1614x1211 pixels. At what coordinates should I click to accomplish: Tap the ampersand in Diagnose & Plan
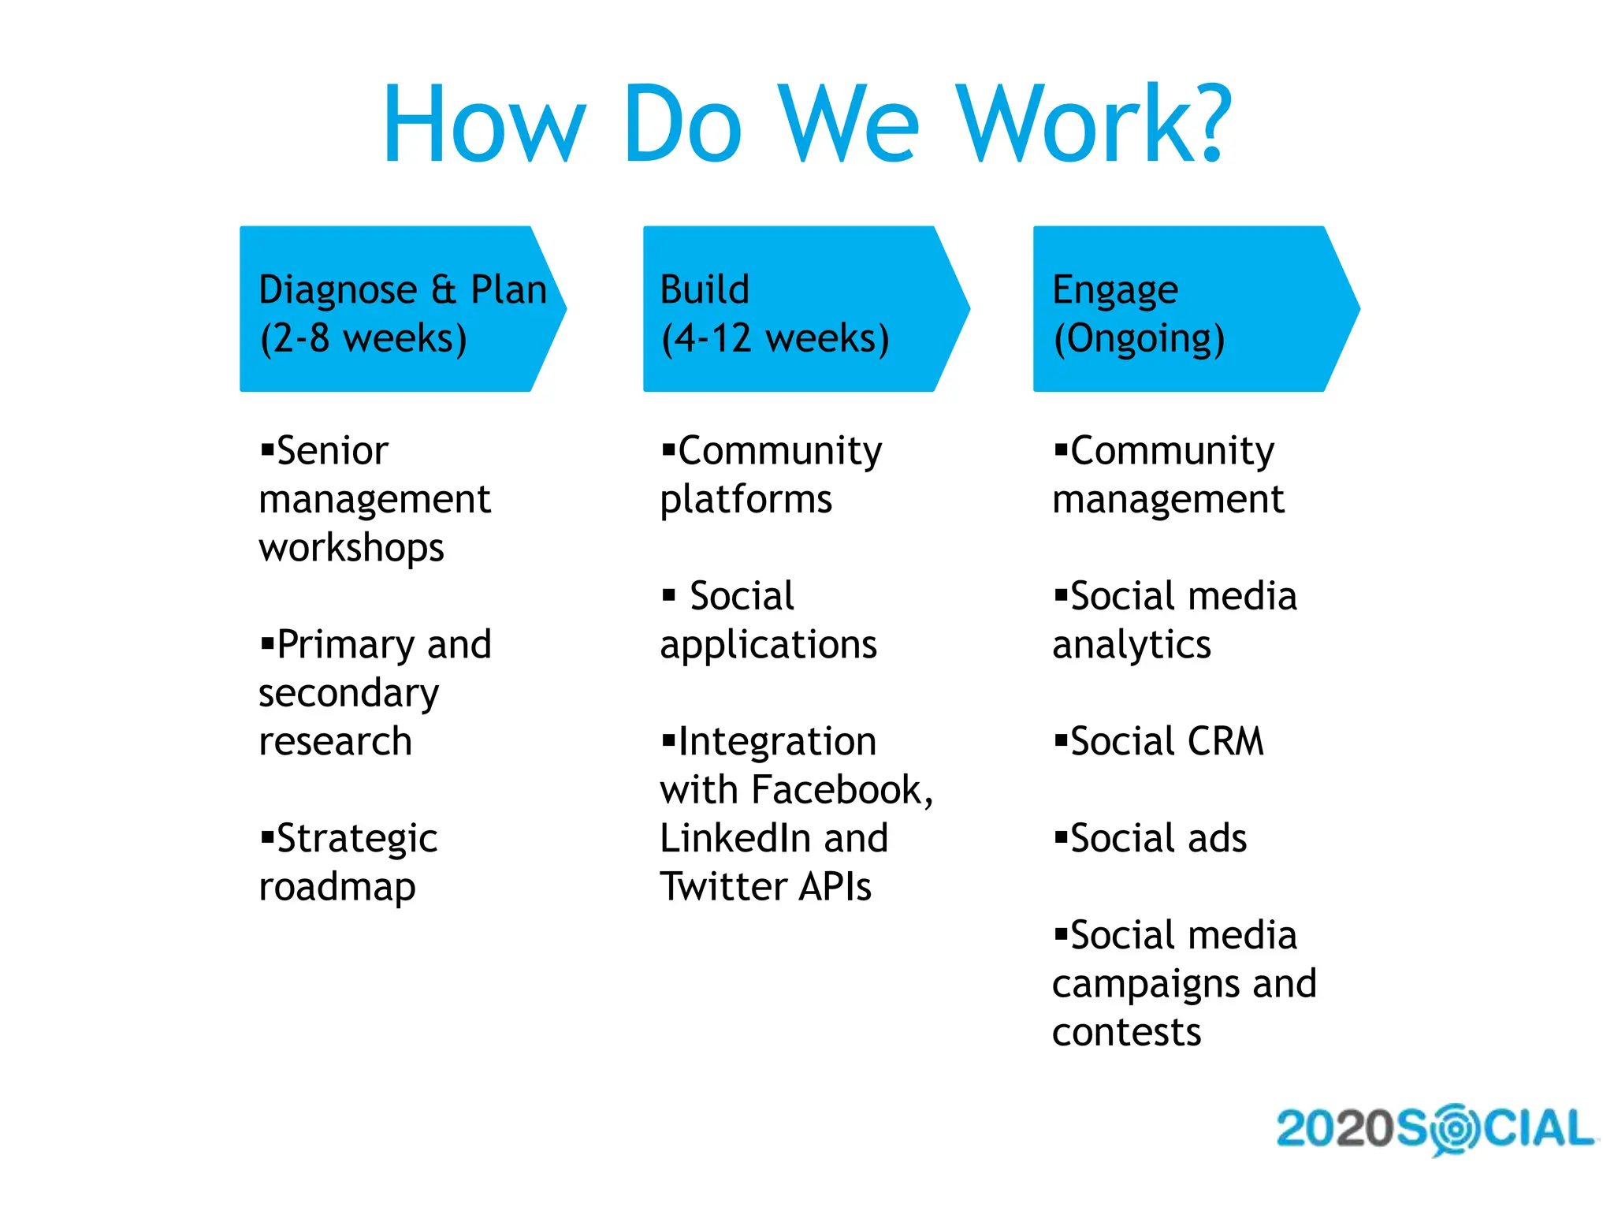(444, 289)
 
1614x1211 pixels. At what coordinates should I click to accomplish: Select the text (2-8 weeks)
(363, 338)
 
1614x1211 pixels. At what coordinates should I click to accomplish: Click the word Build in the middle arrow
(704, 289)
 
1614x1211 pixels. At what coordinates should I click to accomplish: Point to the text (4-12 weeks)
(775, 338)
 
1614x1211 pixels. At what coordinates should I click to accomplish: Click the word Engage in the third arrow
(1115, 291)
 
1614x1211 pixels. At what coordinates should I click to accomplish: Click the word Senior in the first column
(332, 451)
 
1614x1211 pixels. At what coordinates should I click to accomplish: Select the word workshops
(351, 549)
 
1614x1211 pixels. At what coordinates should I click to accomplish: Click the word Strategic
(357, 839)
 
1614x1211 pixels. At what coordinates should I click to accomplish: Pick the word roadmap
(337, 888)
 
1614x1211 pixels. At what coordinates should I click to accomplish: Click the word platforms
(746, 501)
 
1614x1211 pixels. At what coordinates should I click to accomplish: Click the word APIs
(835, 887)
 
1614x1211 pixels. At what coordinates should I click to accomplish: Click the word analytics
(1131, 646)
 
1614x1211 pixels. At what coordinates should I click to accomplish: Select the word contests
(1126, 1033)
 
